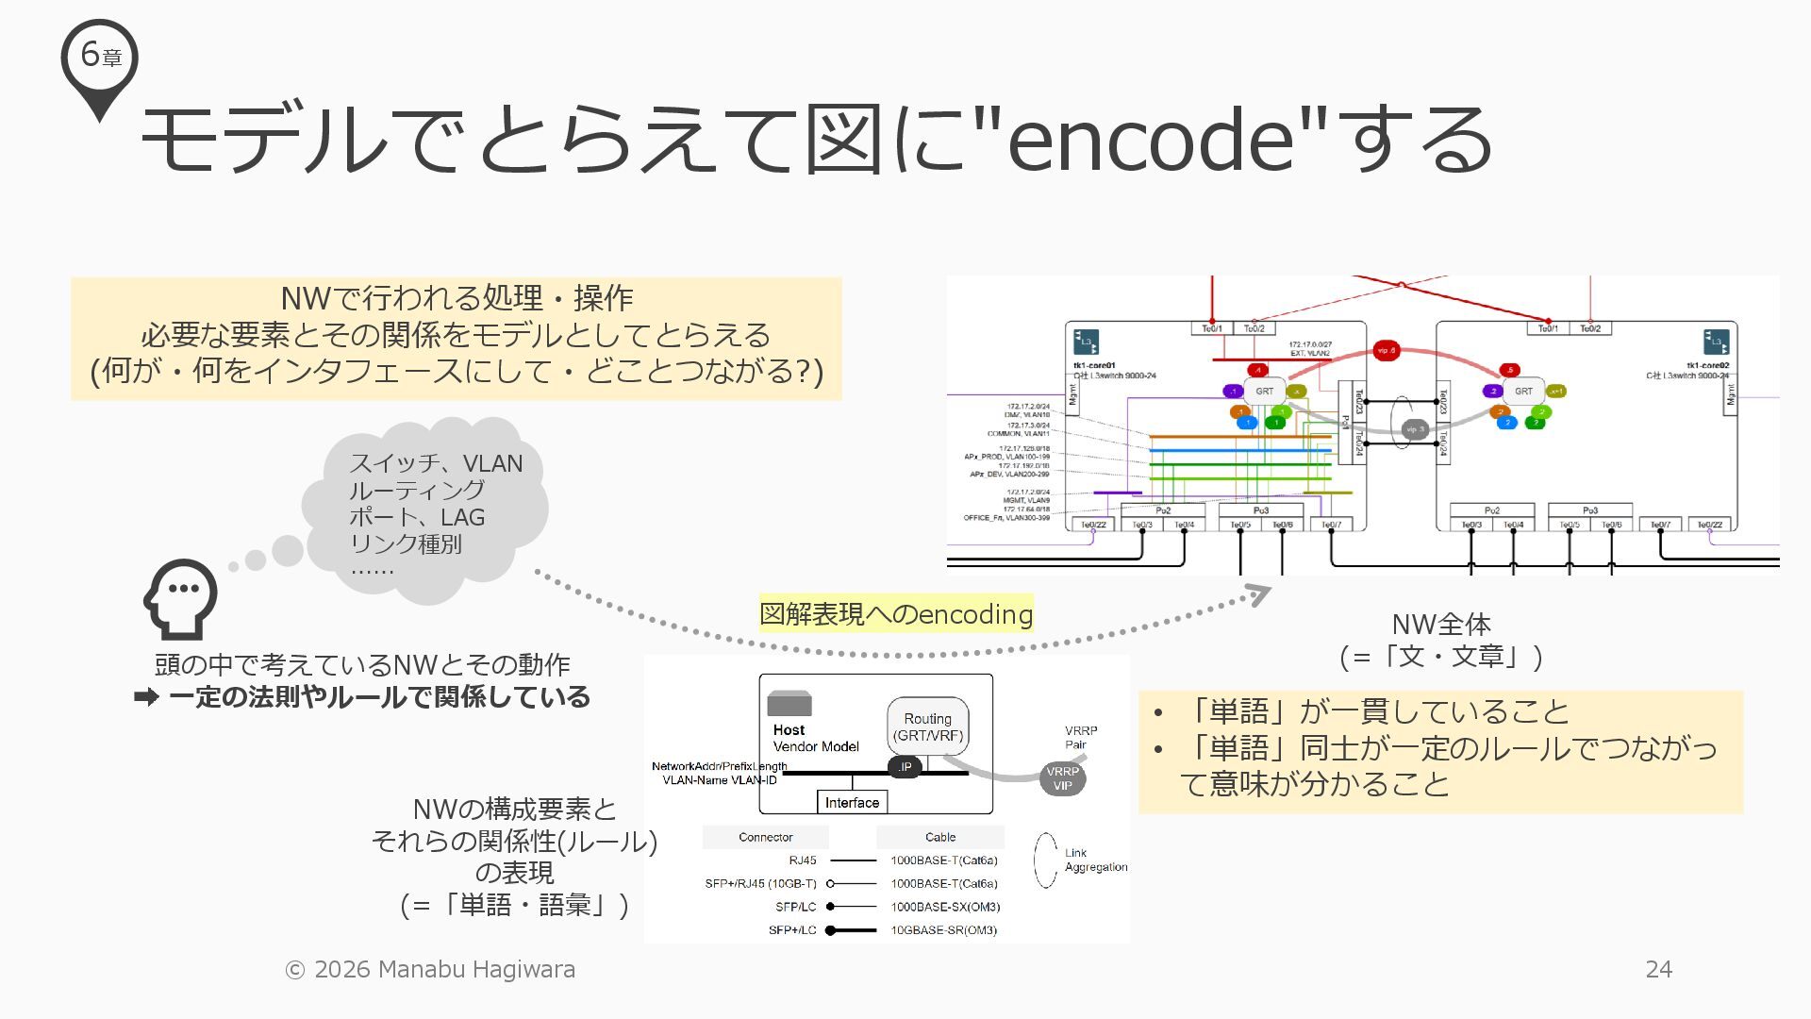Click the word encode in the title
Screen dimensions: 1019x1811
pos(1150,140)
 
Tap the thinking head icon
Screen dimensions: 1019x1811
pos(180,598)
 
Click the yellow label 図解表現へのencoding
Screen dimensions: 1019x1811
pos(896,614)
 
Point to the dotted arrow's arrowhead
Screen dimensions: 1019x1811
pos(1259,594)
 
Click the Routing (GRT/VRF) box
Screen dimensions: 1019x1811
pos(928,727)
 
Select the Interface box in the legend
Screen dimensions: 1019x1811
pos(852,803)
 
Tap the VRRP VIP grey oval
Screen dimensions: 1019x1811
pos(1062,778)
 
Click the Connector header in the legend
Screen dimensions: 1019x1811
pos(765,837)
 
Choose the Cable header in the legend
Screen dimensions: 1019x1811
pos(940,837)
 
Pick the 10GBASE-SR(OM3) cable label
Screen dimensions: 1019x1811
pos(943,930)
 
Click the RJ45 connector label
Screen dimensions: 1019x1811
pos(803,860)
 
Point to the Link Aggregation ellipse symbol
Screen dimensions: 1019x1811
pos(1045,860)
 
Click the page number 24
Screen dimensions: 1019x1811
pos(1658,969)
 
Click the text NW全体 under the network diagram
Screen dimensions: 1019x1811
pos(1441,624)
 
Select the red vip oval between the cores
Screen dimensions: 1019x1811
pos(1386,351)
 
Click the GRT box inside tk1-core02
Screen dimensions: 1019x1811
pos(1523,391)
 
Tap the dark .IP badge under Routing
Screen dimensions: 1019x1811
pos(905,767)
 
